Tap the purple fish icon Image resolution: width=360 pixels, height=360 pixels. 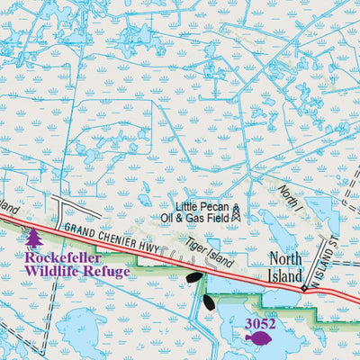pyautogui.click(x=257, y=338)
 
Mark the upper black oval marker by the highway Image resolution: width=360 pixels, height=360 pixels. pyautogui.click(x=194, y=277)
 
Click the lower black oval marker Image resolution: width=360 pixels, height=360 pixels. pyautogui.click(x=210, y=301)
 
